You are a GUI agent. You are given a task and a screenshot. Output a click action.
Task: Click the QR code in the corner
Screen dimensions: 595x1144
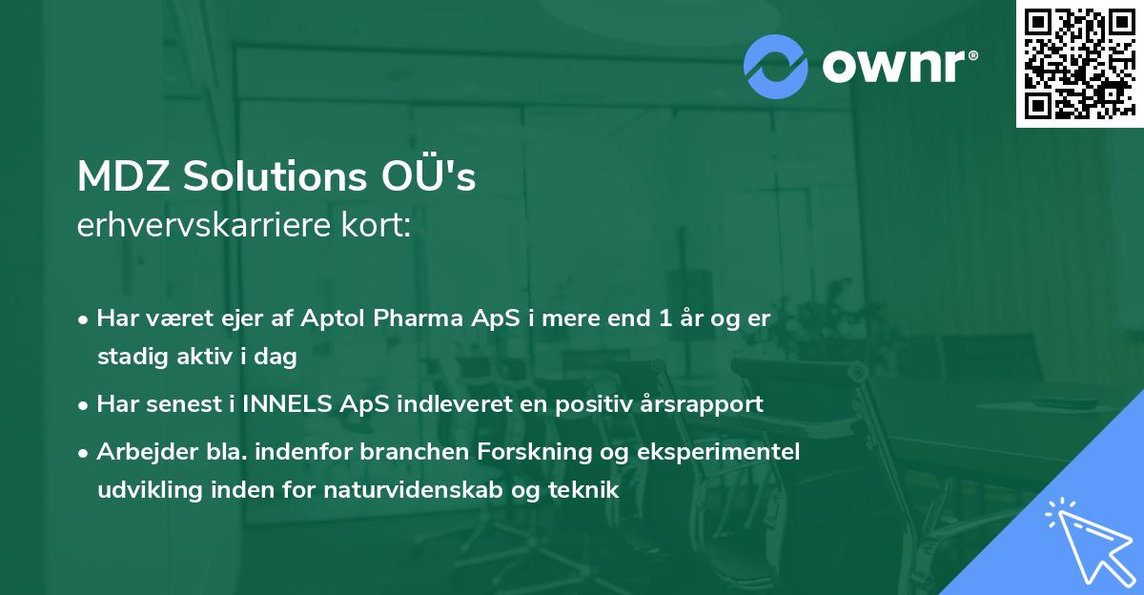point(1079,64)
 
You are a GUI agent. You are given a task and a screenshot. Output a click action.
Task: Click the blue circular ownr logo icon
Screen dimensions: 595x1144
point(776,66)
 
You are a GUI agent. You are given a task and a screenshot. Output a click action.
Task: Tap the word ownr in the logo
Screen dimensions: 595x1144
point(897,66)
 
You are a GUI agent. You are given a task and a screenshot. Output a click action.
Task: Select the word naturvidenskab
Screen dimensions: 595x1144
point(410,490)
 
